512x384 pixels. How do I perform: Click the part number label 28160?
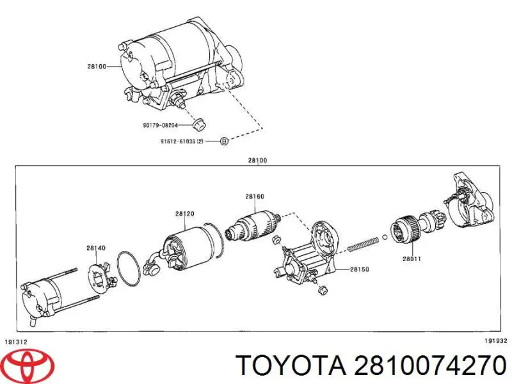click(x=255, y=196)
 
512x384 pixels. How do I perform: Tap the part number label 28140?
click(x=96, y=247)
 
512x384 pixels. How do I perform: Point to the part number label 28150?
click(x=359, y=270)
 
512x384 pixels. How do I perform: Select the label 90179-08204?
click(x=161, y=125)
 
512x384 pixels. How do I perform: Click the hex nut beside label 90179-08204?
click(x=198, y=124)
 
